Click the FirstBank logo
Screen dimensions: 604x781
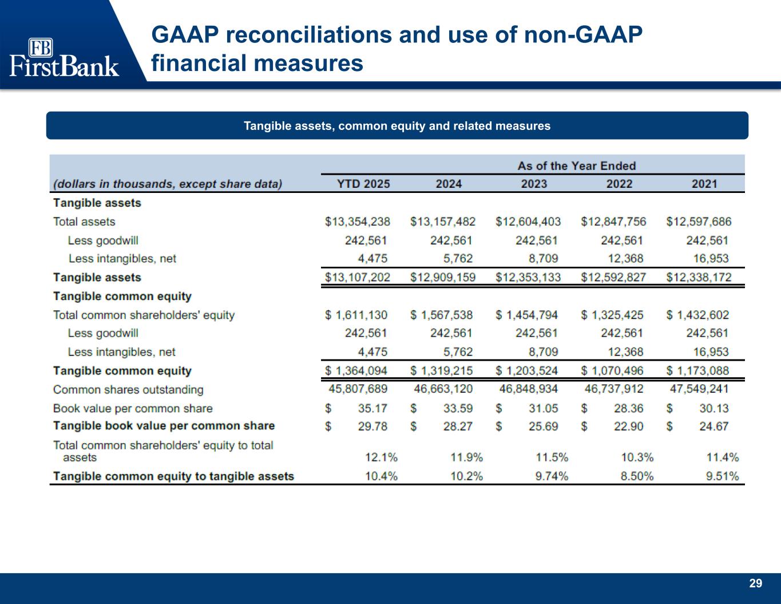pos(64,57)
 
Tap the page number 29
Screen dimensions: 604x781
pos(755,583)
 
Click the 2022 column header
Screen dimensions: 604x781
pos(619,184)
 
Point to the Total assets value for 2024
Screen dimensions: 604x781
pos(442,222)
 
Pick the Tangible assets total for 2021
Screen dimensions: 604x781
pos(699,278)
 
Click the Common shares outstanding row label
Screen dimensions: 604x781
pos(128,390)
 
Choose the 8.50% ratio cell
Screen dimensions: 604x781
pos(637,476)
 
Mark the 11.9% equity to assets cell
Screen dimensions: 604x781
pos(466,457)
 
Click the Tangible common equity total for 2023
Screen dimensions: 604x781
pos(527,371)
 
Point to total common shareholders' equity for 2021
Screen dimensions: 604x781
pos(698,315)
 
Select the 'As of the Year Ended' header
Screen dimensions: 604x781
pos(576,166)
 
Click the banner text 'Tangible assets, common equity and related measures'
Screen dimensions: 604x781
pos(397,126)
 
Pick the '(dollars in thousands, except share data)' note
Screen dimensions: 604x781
pos(168,184)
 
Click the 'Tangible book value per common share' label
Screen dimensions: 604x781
pos(164,426)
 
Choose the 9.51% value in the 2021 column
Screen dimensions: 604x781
pos(722,476)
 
